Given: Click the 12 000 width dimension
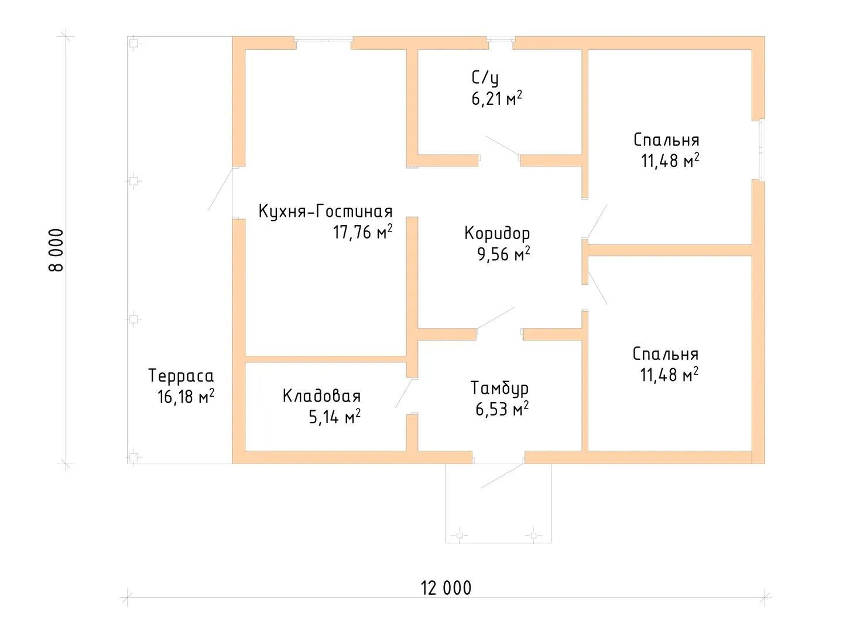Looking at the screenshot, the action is click(446, 588).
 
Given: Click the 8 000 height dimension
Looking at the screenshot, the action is click(56, 250).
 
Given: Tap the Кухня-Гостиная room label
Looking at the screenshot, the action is click(325, 212).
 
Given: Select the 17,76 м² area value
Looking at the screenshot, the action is click(362, 232).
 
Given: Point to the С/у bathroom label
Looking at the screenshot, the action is click(485, 78).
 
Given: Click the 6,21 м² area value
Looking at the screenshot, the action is click(496, 99).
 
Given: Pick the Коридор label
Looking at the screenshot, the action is click(497, 233).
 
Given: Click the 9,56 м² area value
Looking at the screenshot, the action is click(503, 254).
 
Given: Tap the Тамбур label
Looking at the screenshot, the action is click(499, 388).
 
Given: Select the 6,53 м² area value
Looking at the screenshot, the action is click(502, 409).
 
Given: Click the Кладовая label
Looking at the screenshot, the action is click(321, 396).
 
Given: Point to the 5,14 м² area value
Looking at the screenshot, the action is click(334, 417).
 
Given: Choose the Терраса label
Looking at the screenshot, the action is click(181, 376).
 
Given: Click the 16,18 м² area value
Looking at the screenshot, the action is click(186, 397).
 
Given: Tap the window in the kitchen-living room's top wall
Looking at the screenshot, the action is click(324, 39).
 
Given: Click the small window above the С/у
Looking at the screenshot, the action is click(501, 39).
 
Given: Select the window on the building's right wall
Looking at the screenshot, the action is click(762, 149).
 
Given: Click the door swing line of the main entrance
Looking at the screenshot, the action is click(502, 476).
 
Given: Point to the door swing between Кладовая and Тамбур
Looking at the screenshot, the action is click(404, 393).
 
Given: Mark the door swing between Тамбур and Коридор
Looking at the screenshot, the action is click(496, 318).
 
